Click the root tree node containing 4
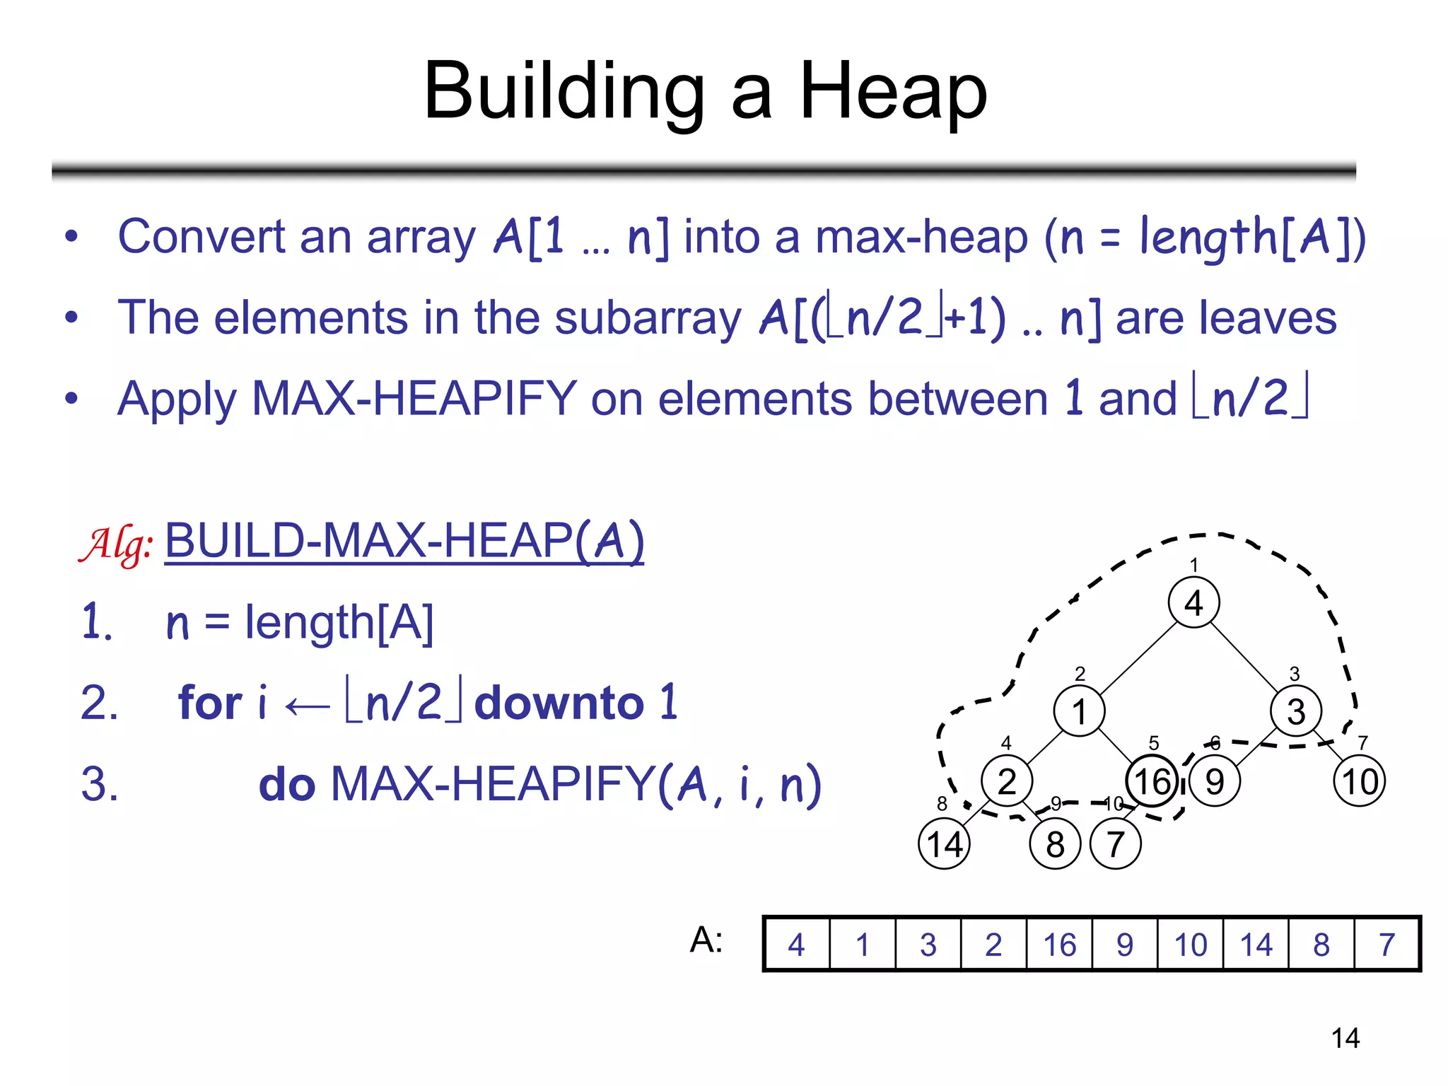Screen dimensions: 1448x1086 (x=1193, y=602)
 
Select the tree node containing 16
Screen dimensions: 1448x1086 (x=1152, y=781)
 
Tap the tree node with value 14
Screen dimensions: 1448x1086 (x=944, y=843)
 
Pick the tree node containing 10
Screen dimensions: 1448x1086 (x=1359, y=781)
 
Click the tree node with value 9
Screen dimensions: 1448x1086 (x=1214, y=781)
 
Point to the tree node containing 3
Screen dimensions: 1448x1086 (x=1295, y=711)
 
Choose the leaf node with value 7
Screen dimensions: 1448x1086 (x=1115, y=843)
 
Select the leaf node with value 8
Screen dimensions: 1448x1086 (x=1055, y=843)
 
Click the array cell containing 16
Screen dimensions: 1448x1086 (x=1059, y=945)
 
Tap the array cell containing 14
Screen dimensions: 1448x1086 (x=1256, y=945)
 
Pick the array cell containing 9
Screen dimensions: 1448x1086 (x=1125, y=945)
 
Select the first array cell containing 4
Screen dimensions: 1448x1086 (x=797, y=945)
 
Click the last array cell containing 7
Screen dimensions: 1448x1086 (x=1386, y=945)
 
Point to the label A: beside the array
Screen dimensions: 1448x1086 (x=706, y=940)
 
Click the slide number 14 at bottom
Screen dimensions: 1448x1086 (x=1345, y=1038)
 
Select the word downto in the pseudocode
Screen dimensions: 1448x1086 (x=559, y=703)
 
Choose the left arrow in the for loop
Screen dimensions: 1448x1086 (x=307, y=706)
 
